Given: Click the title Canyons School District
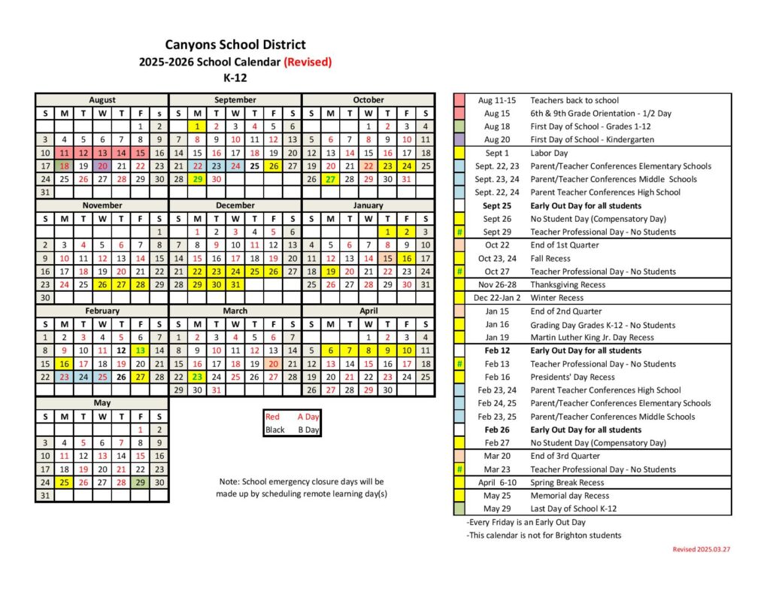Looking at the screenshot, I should click(235, 45).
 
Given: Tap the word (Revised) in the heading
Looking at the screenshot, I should click(308, 62).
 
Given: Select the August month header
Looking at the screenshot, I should click(102, 100).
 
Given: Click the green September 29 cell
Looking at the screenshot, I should click(197, 179).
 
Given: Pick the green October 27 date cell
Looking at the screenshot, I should click(330, 179).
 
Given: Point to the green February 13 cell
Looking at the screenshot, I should click(140, 351).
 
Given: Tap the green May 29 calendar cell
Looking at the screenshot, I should click(140, 482).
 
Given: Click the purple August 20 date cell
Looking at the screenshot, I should click(102, 165).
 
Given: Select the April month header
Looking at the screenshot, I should click(368, 311).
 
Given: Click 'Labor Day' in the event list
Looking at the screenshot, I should click(550, 153).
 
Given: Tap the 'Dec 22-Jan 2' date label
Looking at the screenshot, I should click(497, 298).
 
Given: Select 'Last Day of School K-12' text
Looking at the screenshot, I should click(574, 508).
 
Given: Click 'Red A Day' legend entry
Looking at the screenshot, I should click(292, 417).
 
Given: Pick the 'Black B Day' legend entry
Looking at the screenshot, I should click(292, 430).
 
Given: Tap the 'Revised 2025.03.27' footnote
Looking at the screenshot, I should click(701, 549).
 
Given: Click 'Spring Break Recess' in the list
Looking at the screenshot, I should click(567, 482).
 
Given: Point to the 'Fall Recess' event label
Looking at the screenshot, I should click(550, 258).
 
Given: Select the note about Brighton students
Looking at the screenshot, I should click(543, 536).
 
